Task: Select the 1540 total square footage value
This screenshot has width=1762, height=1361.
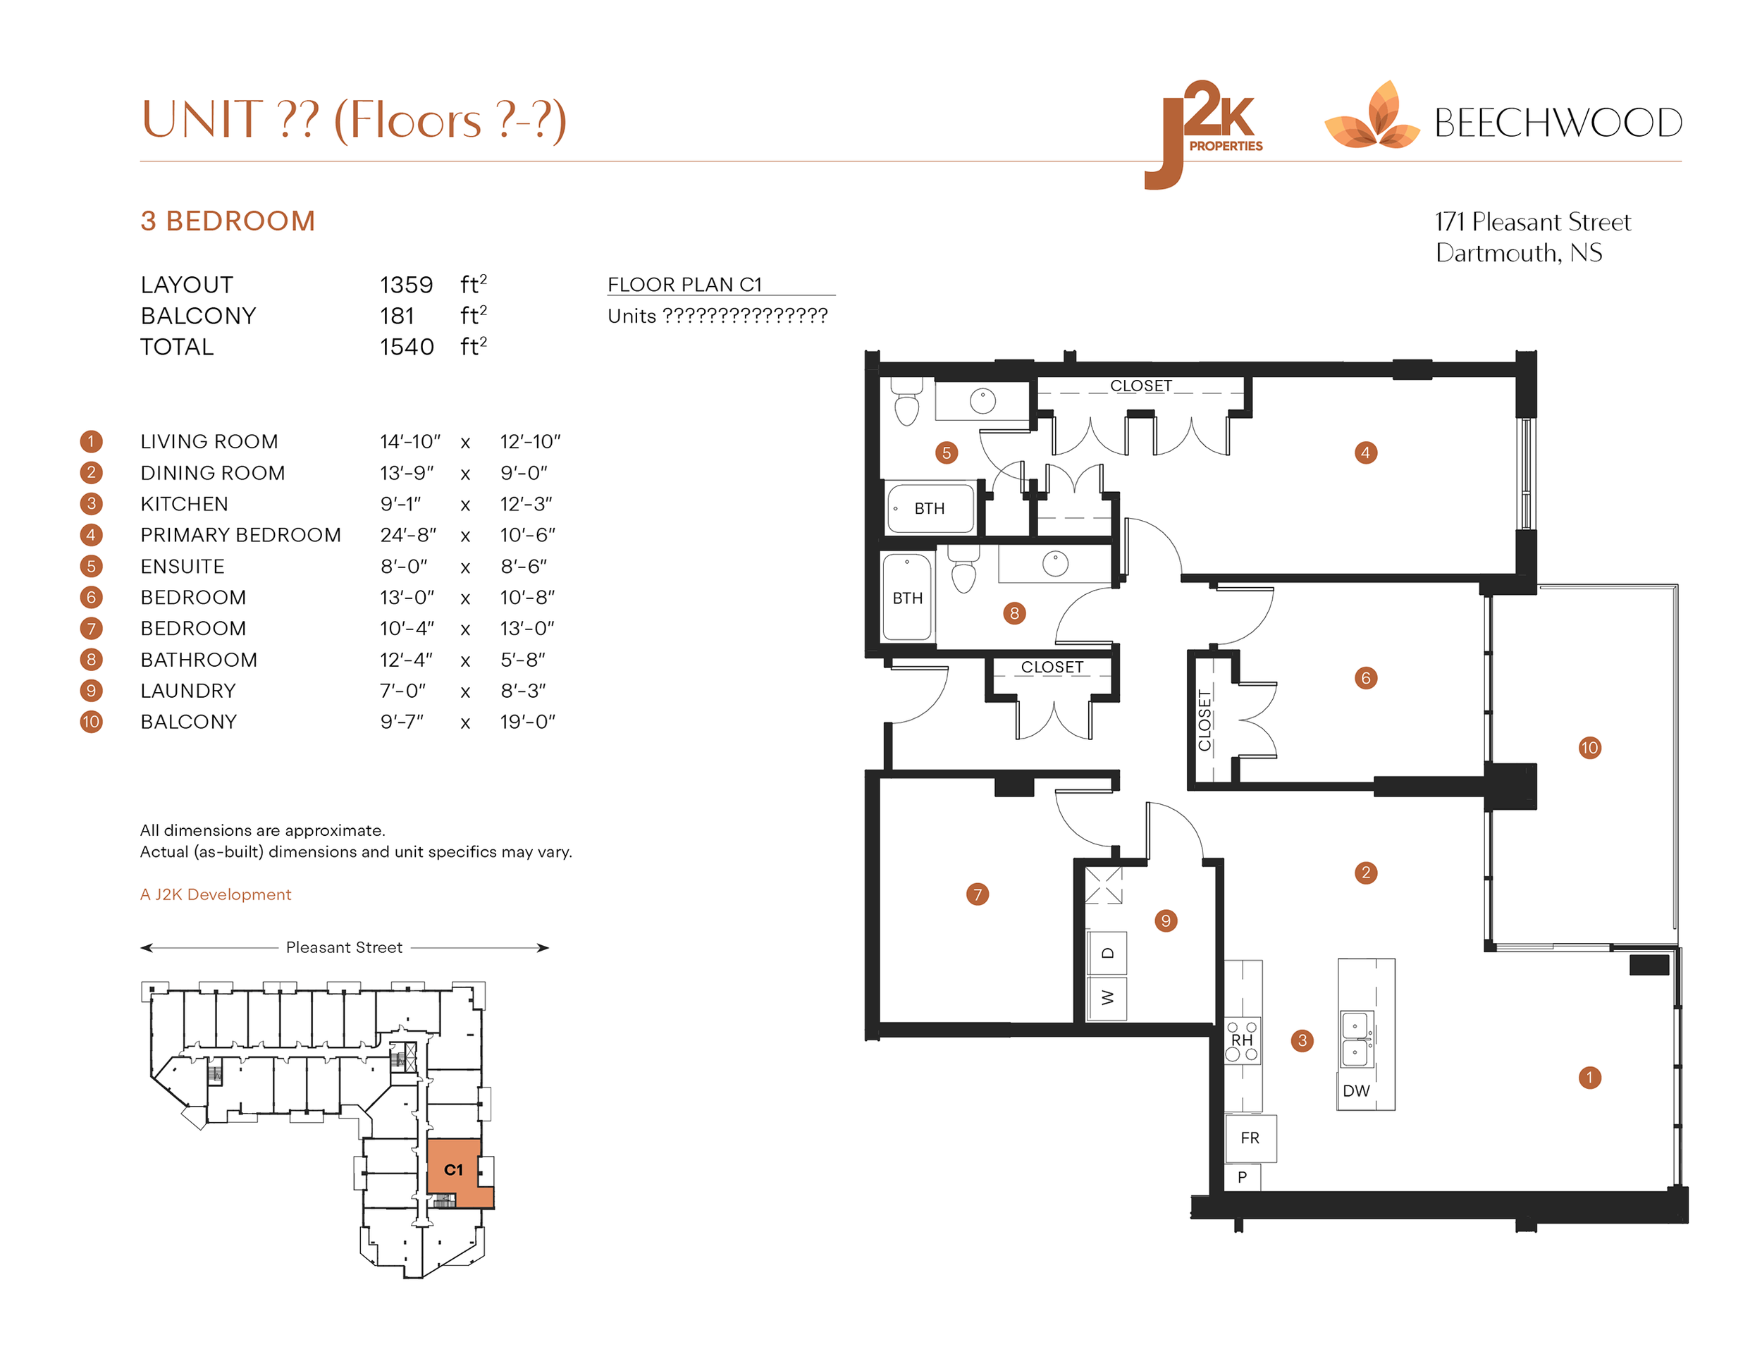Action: tap(407, 347)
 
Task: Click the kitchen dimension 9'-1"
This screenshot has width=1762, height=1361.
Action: tap(401, 504)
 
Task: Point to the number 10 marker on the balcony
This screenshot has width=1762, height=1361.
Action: tap(1589, 747)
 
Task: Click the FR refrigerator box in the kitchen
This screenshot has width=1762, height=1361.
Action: tap(1250, 1138)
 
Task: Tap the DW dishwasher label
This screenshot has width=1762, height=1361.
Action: tap(1356, 1091)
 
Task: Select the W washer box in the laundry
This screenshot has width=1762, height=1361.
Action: tap(1107, 998)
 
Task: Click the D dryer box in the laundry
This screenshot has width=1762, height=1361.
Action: tap(1107, 953)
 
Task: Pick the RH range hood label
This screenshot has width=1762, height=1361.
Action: tap(1242, 1041)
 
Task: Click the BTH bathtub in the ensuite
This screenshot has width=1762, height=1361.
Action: tap(930, 508)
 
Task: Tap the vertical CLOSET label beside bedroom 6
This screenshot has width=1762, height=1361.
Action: tap(1205, 720)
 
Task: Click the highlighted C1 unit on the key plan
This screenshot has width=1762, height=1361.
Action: tap(453, 1170)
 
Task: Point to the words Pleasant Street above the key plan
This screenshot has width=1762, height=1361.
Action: tap(344, 947)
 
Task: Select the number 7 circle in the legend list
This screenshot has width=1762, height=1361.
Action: tap(91, 629)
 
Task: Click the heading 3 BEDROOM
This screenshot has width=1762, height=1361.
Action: tap(228, 221)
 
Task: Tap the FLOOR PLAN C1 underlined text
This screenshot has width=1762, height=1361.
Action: tap(684, 285)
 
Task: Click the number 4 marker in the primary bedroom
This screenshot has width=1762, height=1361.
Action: tap(1365, 452)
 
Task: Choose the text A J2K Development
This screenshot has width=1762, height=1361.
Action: tap(216, 894)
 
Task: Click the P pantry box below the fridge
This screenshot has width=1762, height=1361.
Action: tap(1243, 1177)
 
